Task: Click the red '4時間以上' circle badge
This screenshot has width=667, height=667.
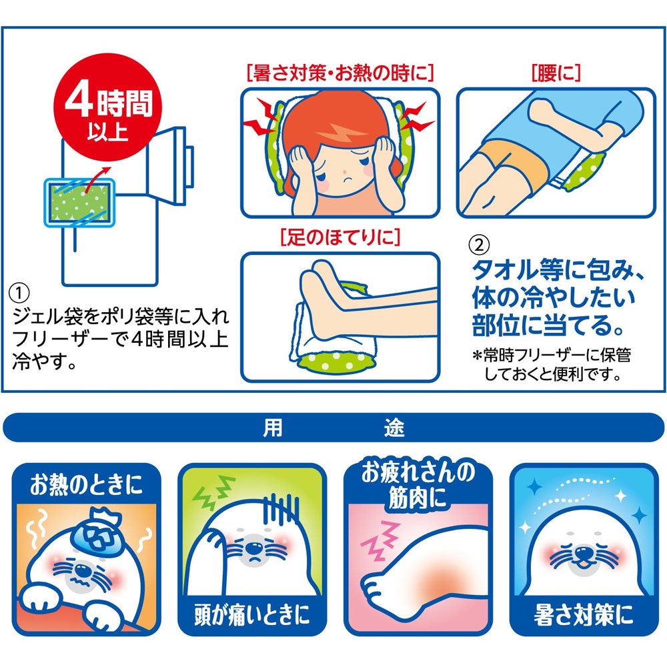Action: coord(107,107)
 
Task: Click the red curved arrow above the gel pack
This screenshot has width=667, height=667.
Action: coord(96,179)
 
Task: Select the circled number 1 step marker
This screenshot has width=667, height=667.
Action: coord(19,293)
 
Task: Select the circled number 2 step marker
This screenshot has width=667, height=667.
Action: coord(479,245)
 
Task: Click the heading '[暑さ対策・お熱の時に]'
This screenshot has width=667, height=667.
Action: coord(340,73)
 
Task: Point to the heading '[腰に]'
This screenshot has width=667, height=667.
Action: coord(556,73)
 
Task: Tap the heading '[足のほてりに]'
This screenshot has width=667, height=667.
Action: coord(340,237)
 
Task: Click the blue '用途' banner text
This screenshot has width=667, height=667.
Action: coord(333,428)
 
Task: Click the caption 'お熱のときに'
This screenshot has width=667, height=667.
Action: coord(86,485)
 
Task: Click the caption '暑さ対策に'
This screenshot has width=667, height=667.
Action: coord(584,615)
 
